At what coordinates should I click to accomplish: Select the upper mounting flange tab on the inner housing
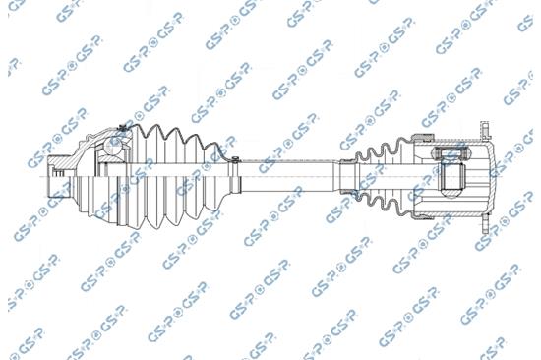(x=484, y=131)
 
